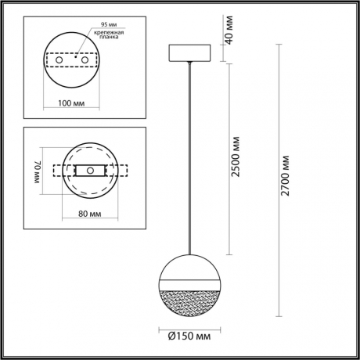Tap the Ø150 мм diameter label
(x=188, y=337)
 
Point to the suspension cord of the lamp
(x=189, y=157)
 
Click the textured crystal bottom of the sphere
(x=189, y=299)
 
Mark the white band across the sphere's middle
(x=189, y=283)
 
